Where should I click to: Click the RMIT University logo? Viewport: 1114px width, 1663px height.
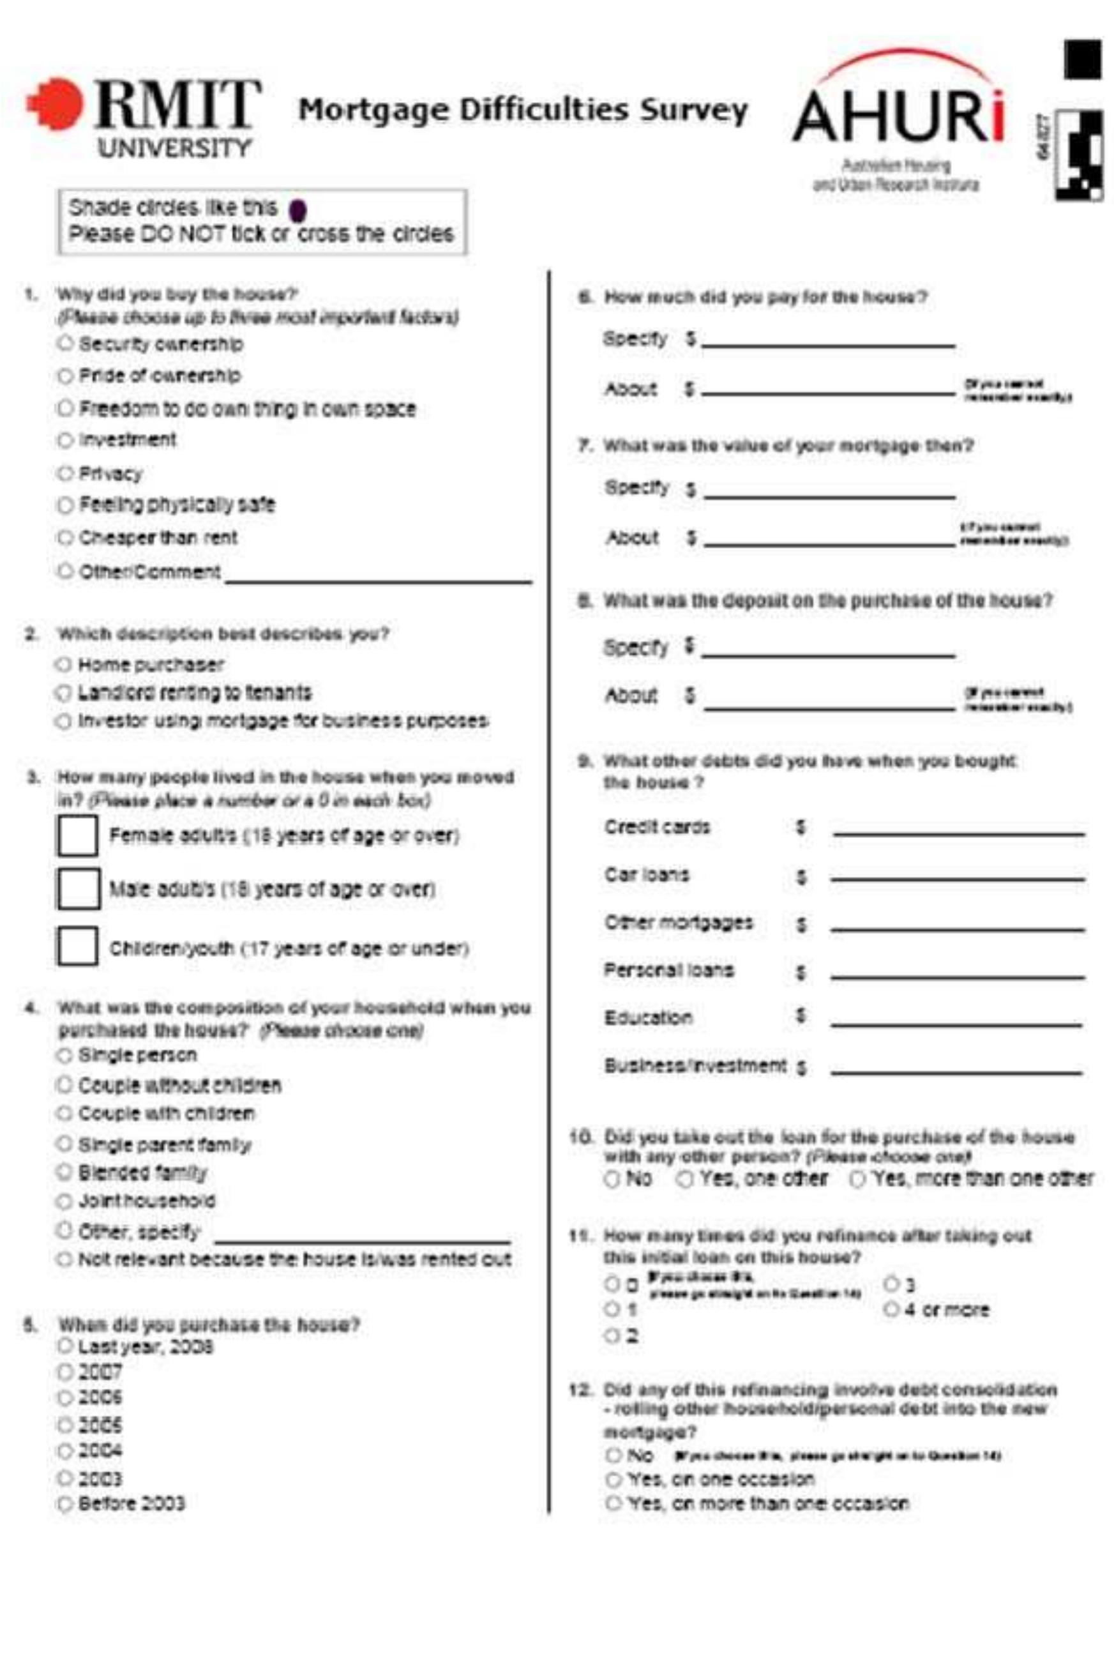142,118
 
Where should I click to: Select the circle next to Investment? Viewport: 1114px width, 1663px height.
65,441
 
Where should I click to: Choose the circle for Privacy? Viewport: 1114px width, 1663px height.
65,473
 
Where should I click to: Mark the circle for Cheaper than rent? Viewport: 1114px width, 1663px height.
65,537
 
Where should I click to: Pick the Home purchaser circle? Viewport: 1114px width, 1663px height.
64,664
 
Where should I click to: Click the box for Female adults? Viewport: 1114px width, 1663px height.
77,836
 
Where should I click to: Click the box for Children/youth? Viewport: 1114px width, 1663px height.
77,946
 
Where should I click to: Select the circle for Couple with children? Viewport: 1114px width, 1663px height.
64,1113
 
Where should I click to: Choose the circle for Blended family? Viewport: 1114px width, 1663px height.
64,1171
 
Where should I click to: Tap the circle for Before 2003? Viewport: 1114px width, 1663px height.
65,1504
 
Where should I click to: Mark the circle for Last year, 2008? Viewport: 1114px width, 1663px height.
65,1346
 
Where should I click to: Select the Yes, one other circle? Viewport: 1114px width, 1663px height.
684,1179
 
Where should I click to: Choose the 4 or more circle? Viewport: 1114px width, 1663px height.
892,1309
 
